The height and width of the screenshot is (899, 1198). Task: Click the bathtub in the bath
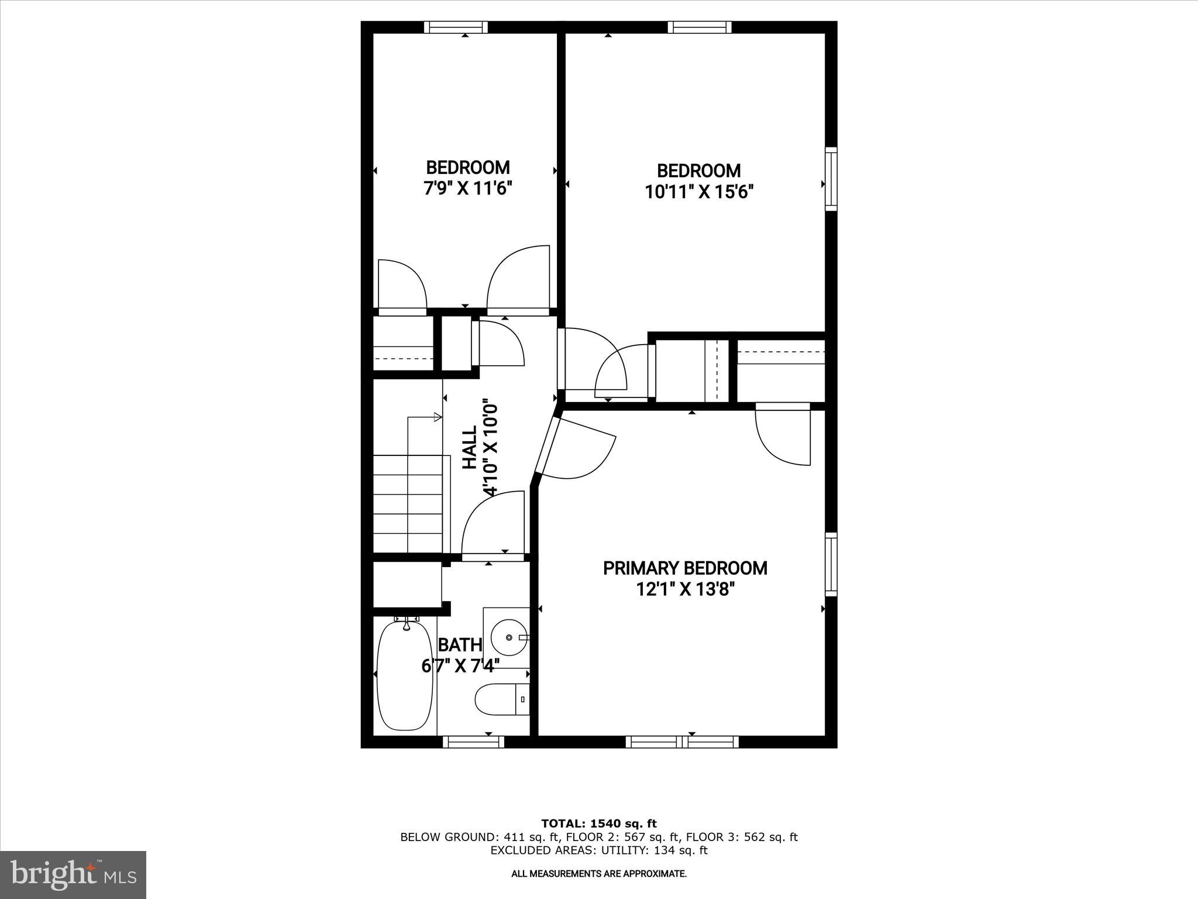(x=405, y=676)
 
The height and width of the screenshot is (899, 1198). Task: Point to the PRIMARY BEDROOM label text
(x=685, y=568)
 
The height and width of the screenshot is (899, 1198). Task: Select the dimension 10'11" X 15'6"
(x=698, y=192)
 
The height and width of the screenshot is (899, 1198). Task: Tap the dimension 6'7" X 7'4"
(x=460, y=665)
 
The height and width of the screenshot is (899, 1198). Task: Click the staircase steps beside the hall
(x=408, y=503)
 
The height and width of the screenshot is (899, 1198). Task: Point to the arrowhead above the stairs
(x=438, y=417)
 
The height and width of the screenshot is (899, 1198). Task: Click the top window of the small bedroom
(x=456, y=27)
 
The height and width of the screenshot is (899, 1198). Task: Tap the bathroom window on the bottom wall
(x=473, y=742)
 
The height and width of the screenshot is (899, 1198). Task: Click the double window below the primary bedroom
(x=682, y=742)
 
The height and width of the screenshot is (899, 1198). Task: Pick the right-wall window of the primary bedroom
(x=831, y=564)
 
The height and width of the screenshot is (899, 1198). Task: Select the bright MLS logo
(x=73, y=874)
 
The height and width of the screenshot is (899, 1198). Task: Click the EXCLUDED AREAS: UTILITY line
(x=598, y=850)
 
